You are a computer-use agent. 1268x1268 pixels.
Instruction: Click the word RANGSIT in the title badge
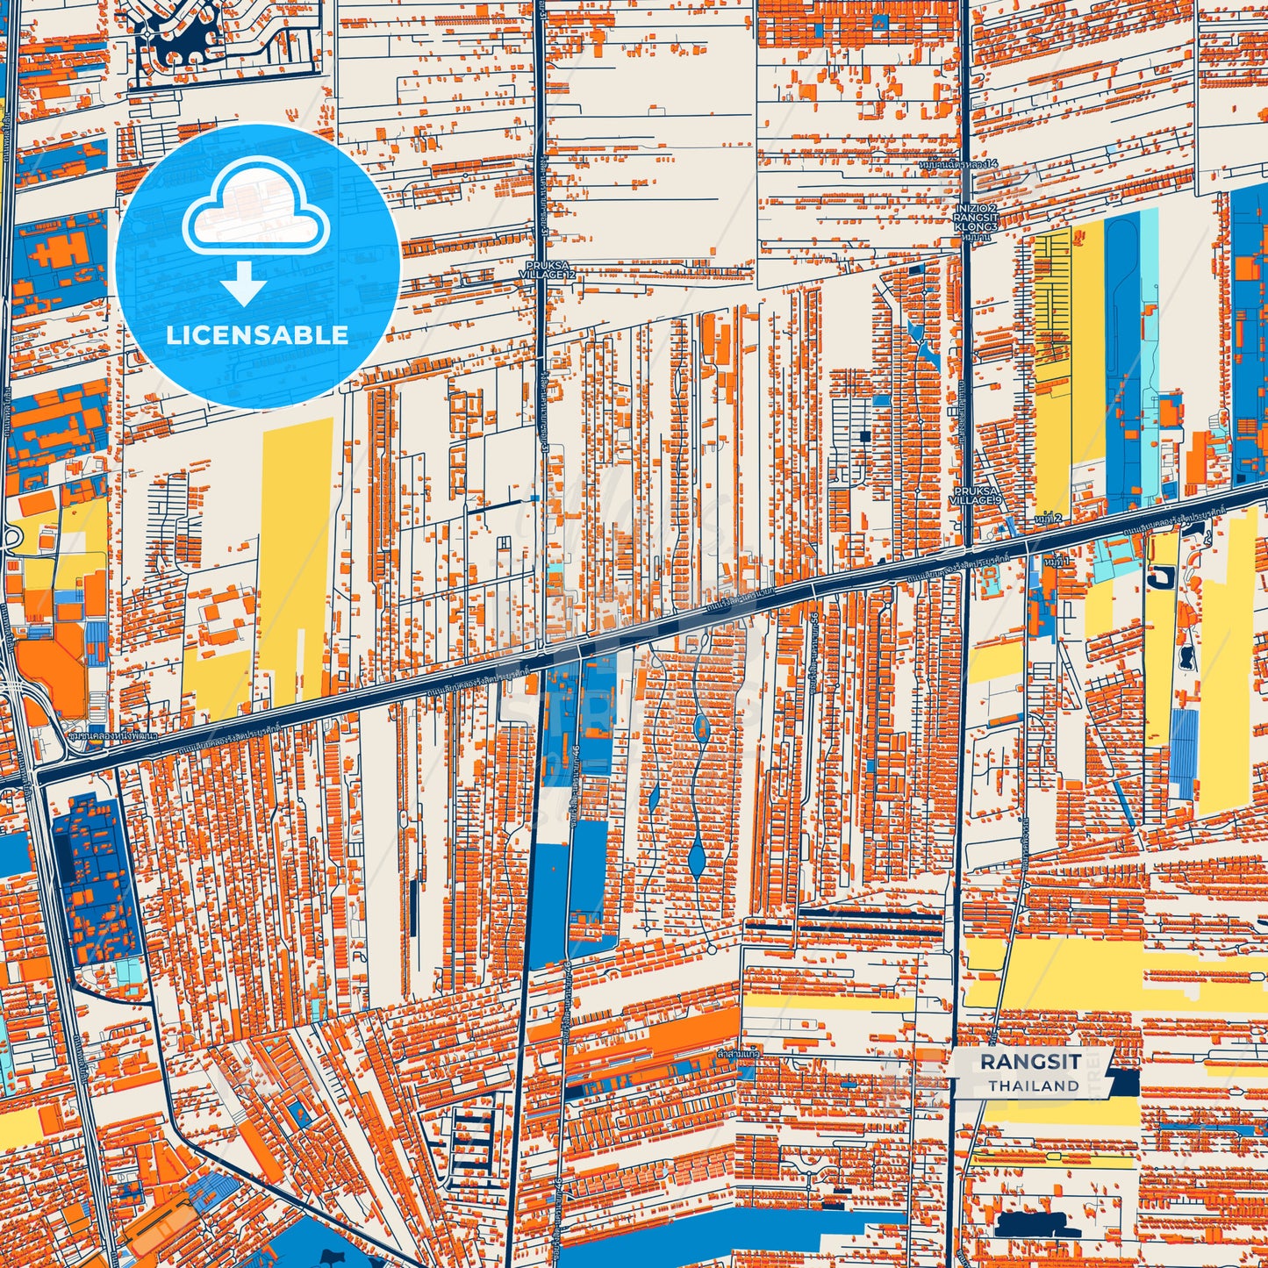point(1030,1061)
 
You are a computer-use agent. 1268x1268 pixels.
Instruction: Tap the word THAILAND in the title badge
point(1034,1085)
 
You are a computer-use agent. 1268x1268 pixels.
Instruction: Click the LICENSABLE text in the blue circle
point(257,335)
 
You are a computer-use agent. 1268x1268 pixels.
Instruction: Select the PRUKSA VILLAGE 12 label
point(547,269)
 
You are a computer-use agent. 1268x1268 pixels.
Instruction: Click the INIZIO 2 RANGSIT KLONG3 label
point(976,218)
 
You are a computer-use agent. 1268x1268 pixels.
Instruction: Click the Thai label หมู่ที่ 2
point(1048,519)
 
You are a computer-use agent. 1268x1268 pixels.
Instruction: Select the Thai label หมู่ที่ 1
point(1057,560)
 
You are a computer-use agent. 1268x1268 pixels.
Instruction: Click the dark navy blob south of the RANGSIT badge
point(1027,1225)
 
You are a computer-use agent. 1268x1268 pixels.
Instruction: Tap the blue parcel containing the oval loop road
point(1122,351)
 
